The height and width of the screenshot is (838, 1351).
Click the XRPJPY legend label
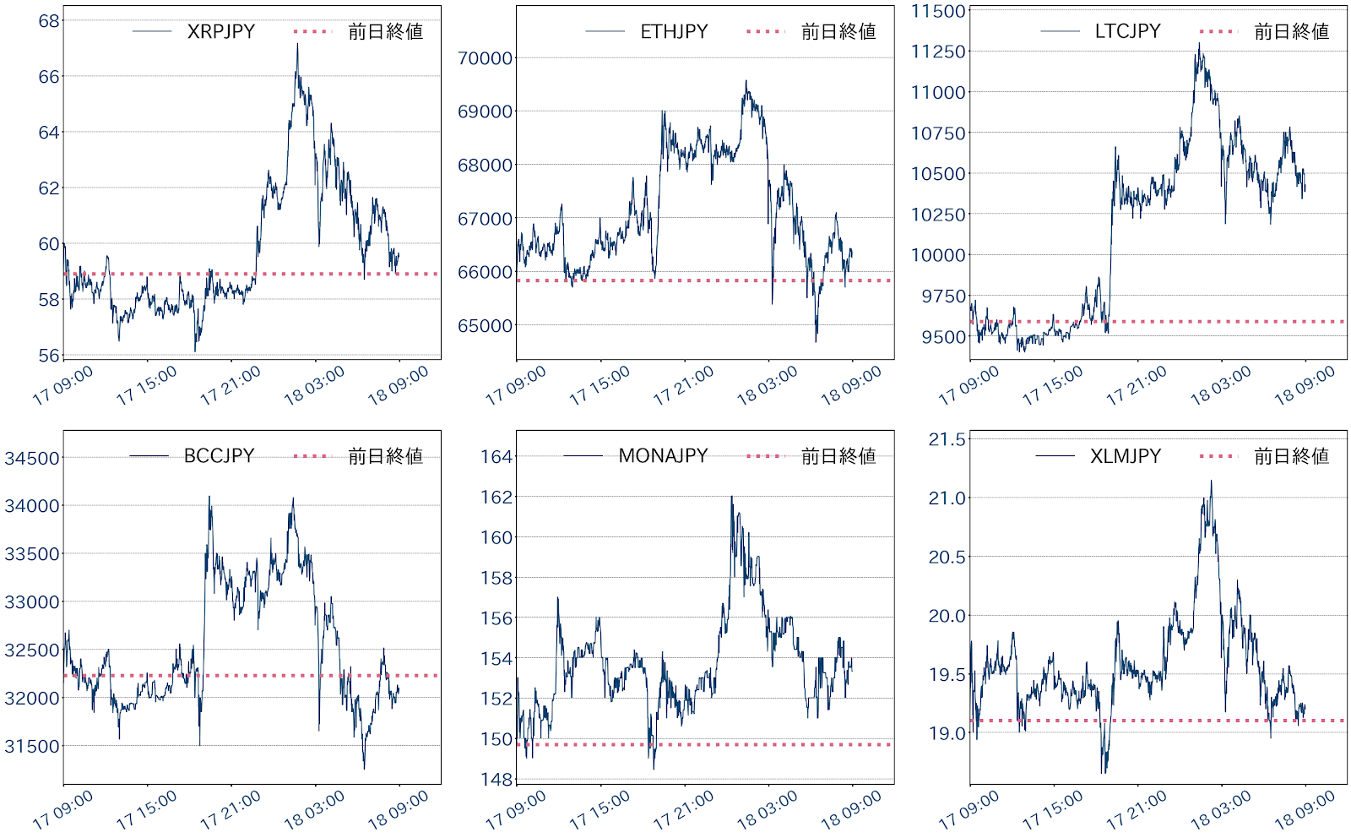click(x=220, y=31)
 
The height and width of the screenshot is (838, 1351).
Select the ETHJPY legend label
click(x=674, y=31)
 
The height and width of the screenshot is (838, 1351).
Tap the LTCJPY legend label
click(x=1127, y=31)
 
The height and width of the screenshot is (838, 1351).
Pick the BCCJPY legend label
click(x=219, y=456)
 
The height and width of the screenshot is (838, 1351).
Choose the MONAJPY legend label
click(x=663, y=456)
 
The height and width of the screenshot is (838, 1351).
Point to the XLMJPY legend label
click(x=1125, y=456)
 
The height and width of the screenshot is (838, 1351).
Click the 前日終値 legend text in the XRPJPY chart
click(x=385, y=31)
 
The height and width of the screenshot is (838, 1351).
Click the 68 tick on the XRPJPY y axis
click(x=49, y=21)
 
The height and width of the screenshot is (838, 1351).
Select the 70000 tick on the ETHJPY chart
click(x=485, y=58)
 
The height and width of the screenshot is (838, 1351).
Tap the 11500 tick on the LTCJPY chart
click(x=937, y=11)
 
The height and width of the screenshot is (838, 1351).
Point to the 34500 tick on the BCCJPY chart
click(x=32, y=459)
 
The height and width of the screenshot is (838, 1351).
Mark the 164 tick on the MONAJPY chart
click(x=496, y=457)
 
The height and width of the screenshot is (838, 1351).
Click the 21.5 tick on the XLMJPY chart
click(x=947, y=439)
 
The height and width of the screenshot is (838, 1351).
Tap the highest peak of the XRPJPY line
click(x=297, y=44)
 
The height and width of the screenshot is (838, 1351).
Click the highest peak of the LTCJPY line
click(x=1199, y=44)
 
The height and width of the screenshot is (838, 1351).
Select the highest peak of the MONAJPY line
click(x=731, y=497)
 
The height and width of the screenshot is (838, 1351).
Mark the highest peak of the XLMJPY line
click(x=1212, y=481)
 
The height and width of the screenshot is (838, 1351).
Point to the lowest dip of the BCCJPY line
click(x=364, y=768)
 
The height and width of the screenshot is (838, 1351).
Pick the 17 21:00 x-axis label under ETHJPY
click(x=683, y=386)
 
